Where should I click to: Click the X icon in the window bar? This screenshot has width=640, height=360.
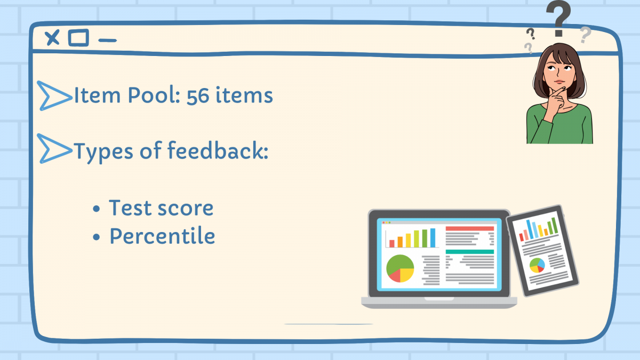[x=52, y=37]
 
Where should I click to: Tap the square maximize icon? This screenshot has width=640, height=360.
[x=78, y=37]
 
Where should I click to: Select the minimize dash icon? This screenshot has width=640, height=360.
[x=107, y=41]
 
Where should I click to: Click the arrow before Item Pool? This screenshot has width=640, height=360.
[x=54, y=95]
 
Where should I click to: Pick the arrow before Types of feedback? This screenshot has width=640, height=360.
[x=54, y=149]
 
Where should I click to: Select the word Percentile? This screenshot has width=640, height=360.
[x=162, y=236]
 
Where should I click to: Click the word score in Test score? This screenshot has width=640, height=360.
[x=186, y=209]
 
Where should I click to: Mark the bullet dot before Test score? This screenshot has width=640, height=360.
[x=97, y=209]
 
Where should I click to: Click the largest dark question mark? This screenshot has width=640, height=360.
[x=558, y=19]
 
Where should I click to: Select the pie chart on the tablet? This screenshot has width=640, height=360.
[x=537, y=265]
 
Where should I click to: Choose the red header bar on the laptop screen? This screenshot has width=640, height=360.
[x=470, y=229]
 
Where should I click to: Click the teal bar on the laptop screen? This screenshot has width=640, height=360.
[x=470, y=252]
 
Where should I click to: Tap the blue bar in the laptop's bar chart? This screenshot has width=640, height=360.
[x=433, y=238]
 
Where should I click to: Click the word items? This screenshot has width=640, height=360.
[x=244, y=95]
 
